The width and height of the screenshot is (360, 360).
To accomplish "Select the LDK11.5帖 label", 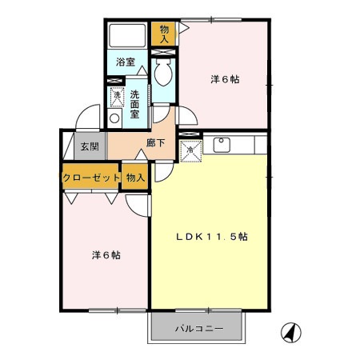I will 211,237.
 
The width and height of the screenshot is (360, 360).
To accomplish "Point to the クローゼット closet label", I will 90,178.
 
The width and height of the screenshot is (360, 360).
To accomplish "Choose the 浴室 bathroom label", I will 125,62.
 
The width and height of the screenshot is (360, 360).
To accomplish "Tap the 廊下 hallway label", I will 156,144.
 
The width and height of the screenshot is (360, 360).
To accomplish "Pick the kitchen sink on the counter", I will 222,144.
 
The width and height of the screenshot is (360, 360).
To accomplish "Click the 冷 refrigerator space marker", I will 191,149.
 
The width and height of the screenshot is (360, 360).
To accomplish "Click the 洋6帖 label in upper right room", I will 226,79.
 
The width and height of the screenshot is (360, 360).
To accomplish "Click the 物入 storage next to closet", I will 134,178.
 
